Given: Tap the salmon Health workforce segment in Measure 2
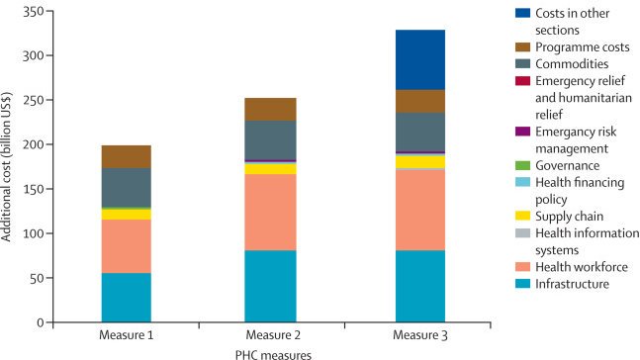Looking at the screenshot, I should coord(270,212).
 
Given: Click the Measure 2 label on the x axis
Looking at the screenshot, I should coord(270,335).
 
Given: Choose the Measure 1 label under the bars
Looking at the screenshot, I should coord(125,335).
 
